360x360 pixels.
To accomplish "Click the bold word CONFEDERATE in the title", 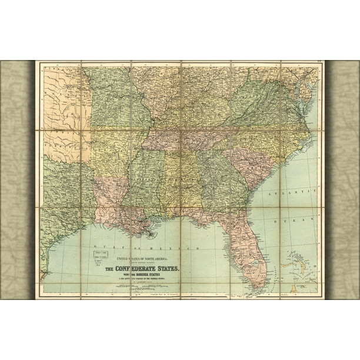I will tap(142, 269).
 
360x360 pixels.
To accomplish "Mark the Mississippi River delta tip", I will tap(152, 234).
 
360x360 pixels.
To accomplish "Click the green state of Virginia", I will tap(265, 106).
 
